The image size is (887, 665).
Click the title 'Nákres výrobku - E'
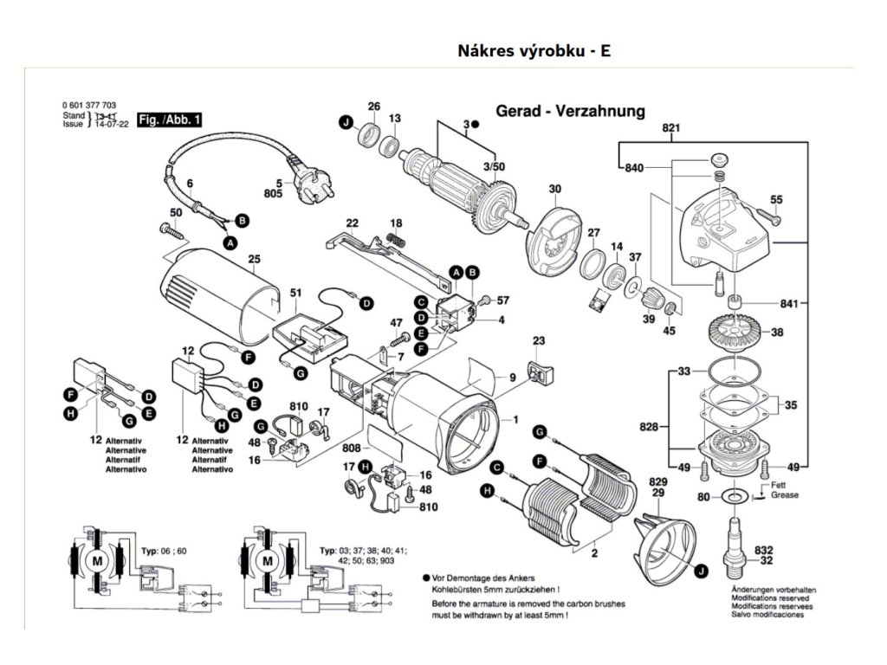tap(534, 50)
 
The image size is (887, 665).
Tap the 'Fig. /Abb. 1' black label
tap(170, 120)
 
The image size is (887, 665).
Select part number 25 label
tap(254, 259)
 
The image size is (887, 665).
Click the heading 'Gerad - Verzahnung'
tap(570, 111)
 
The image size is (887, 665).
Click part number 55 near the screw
tap(776, 200)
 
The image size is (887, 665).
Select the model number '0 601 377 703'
tap(90, 104)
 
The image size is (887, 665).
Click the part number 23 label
tap(539, 340)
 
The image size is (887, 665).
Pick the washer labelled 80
tap(735, 497)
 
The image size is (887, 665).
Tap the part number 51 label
tap(295, 293)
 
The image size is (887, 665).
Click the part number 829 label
tap(658, 481)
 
